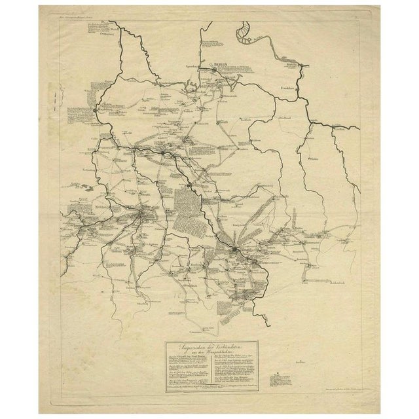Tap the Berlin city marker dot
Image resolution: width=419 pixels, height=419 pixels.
[x=212, y=66]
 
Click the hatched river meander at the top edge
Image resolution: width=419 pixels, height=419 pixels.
[x=244, y=31]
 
